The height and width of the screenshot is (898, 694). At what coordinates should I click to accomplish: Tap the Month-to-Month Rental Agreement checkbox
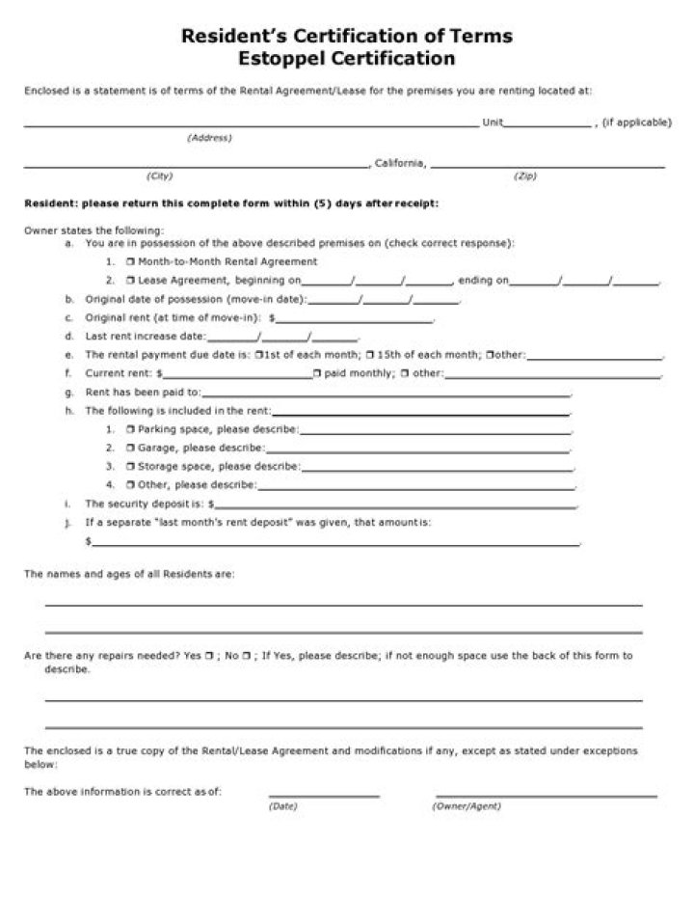click(x=129, y=261)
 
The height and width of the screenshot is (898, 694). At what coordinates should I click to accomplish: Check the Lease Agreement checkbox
click(x=129, y=281)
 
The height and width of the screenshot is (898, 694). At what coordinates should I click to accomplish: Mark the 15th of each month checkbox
click(x=370, y=354)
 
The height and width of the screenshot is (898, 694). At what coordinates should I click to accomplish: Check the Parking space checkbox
click(x=129, y=428)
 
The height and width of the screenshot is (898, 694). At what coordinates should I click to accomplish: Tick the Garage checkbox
click(x=129, y=448)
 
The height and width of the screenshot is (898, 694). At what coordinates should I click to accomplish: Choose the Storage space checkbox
click(x=129, y=466)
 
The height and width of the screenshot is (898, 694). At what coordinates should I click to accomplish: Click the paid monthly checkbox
click(x=316, y=373)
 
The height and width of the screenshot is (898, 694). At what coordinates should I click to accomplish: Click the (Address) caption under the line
click(x=209, y=138)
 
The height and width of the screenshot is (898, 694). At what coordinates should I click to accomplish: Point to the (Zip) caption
click(x=526, y=177)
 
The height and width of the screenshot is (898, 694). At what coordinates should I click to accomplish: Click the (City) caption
click(x=159, y=177)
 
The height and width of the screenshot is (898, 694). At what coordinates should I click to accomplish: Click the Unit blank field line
click(x=547, y=123)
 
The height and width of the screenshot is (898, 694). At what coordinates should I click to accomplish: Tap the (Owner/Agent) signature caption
click(x=467, y=806)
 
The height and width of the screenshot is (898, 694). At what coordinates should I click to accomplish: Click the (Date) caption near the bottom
click(x=283, y=806)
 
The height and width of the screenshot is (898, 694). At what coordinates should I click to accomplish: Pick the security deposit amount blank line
click(x=395, y=504)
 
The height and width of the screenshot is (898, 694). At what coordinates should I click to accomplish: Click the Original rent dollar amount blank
click(x=354, y=318)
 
